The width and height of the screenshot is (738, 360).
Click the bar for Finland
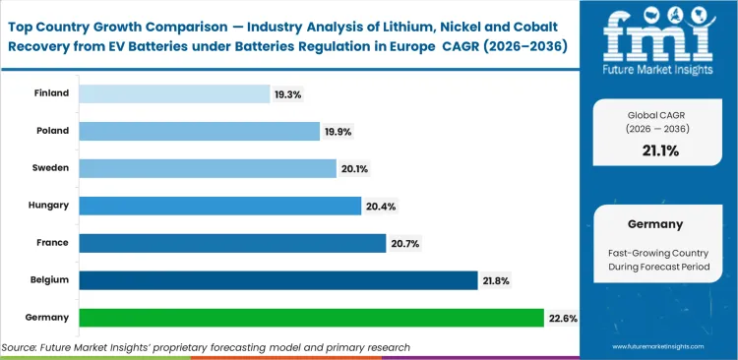pos(174,93)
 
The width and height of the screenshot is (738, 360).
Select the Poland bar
pos(199,131)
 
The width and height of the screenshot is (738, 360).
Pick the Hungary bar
pos(219,206)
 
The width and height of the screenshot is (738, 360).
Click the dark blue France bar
pos(232,243)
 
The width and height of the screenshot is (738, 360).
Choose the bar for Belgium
pos(277,280)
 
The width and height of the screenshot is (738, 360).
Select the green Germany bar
pos(311,318)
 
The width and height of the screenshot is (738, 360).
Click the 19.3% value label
pos(288,93)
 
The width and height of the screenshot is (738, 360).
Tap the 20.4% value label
pos(380,206)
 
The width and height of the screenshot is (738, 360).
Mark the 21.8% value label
pos(497,280)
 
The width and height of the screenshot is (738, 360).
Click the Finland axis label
pos(51,93)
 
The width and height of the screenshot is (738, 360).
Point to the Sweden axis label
pos(50,168)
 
